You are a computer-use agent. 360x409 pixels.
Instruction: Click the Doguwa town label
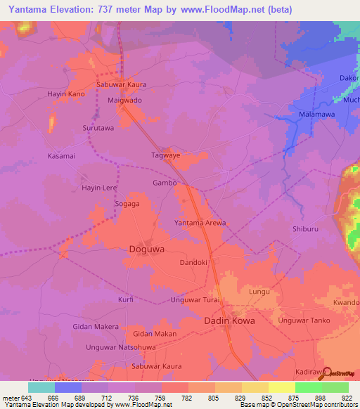[x=148, y=249]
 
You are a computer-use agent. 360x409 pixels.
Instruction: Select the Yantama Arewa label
[x=200, y=223]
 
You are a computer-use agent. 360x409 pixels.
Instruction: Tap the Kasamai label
[x=60, y=155]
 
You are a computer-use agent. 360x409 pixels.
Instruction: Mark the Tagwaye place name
[x=166, y=155]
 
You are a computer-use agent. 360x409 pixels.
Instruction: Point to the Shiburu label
[x=306, y=230]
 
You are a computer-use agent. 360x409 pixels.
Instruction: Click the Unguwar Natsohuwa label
[x=120, y=347]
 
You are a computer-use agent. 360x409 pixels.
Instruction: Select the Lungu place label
[x=259, y=291]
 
